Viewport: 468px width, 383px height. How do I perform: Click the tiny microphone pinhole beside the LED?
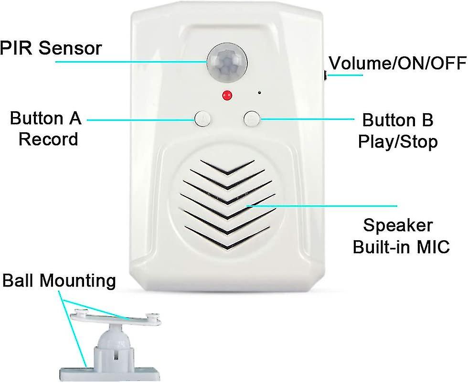coord(259,92)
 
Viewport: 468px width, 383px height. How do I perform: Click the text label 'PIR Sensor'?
coord(51,48)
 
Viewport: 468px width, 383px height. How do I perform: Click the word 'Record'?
coord(48,139)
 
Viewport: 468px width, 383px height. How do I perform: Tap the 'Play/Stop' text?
coord(398,141)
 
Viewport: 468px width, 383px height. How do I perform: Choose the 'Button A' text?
coord(45,118)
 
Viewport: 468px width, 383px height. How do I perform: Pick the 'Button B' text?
coord(398,120)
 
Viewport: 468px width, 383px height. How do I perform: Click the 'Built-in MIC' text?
coord(401,247)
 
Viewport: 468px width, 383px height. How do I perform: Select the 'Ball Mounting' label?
coord(59,281)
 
